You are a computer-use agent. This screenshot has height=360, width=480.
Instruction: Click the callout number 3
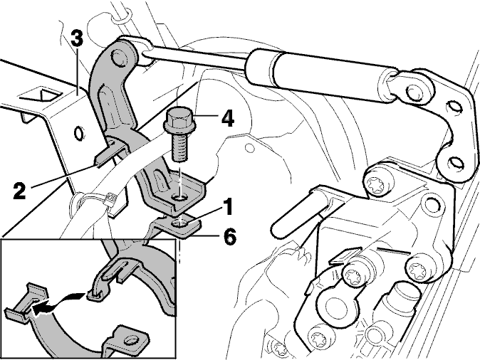coord(76,39)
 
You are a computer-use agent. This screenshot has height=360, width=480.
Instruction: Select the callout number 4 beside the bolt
coord(227,118)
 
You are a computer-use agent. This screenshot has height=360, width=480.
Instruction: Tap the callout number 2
coord(20,190)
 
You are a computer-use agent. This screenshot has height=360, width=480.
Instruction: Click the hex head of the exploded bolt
coord(180,120)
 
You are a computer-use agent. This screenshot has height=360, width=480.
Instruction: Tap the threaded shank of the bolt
coord(179,148)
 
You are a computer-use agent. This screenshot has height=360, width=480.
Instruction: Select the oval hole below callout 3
coord(79,133)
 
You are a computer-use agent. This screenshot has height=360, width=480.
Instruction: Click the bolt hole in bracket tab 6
coord(180,224)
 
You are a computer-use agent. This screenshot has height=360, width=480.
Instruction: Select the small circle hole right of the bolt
coord(249,148)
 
